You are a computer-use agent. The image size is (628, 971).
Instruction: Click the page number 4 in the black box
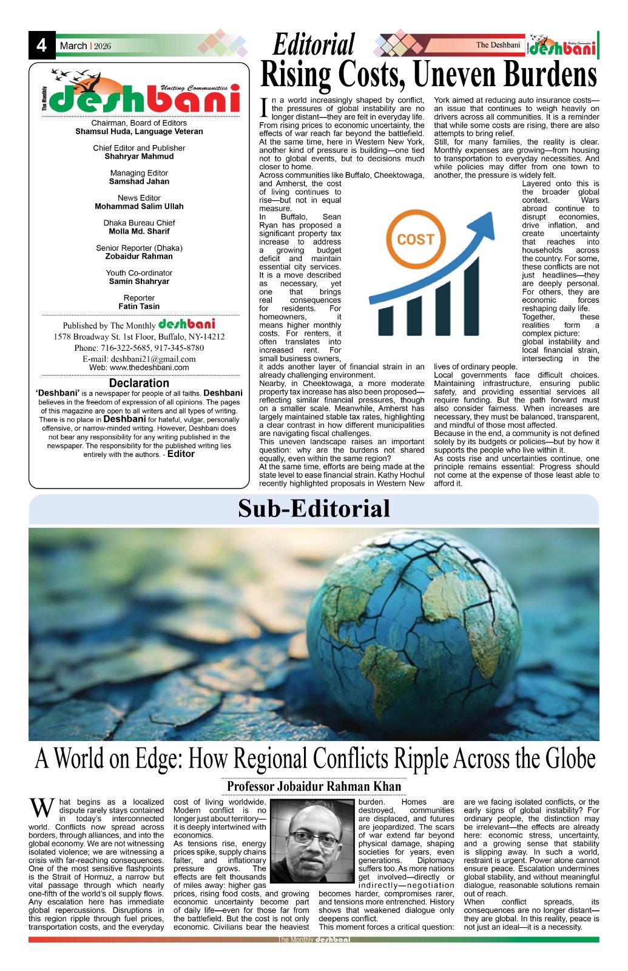(41, 46)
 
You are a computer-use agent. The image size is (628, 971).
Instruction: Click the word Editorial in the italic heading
(314, 45)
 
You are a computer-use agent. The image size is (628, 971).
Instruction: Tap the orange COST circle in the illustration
(415, 239)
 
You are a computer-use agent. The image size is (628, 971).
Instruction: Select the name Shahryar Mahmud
(139, 157)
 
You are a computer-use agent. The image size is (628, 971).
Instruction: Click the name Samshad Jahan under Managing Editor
(139, 181)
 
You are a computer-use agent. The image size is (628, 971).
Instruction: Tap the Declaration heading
(139, 383)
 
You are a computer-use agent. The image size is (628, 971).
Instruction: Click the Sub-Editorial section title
(314, 509)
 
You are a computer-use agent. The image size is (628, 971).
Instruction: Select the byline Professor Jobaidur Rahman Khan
(314, 787)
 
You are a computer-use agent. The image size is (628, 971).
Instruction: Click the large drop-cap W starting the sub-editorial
(42, 809)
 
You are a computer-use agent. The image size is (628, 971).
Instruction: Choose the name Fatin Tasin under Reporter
(139, 306)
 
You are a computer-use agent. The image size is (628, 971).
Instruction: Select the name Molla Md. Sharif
(139, 231)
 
